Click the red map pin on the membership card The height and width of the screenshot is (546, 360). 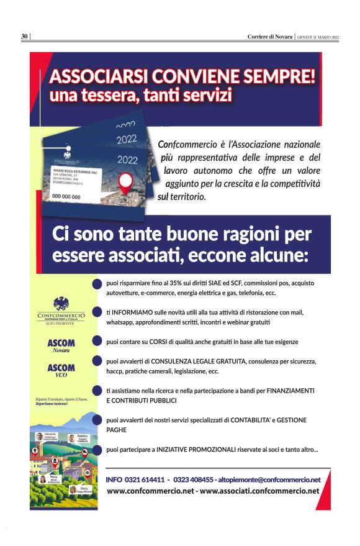pyautogui.click(x=127, y=181)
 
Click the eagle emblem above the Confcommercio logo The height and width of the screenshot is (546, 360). pyautogui.click(x=61, y=304)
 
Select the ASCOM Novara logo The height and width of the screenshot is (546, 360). pyautogui.click(x=61, y=346)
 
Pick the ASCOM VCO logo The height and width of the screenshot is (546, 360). pyautogui.click(x=61, y=371)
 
